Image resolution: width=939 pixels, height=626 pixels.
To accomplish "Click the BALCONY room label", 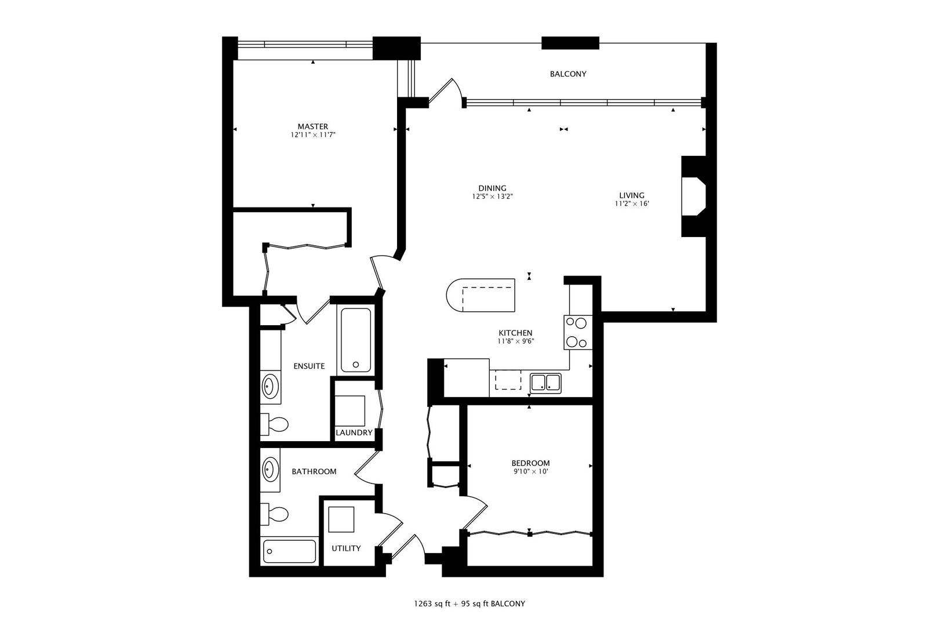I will click(567, 74).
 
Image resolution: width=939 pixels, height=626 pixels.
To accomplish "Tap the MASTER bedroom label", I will click(312, 126).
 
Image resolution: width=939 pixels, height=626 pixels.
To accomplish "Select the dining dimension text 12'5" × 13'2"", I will click(492, 196).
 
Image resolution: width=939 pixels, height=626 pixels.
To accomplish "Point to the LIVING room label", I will click(631, 195).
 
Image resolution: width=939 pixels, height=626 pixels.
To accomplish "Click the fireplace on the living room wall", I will click(693, 196).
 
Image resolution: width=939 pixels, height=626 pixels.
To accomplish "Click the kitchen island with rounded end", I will click(481, 295).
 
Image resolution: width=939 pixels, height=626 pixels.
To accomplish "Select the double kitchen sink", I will click(545, 383).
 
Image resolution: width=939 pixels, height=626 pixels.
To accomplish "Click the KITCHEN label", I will click(515, 333).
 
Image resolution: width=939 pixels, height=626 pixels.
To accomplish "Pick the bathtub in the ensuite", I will click(355, 340).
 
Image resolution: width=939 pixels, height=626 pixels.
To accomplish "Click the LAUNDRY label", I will click(354, 432).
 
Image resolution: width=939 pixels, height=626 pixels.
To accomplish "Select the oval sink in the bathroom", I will click(270, 468).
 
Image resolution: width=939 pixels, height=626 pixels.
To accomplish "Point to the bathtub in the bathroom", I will click(289, 551).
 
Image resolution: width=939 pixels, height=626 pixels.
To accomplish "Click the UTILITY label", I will click(346, 548).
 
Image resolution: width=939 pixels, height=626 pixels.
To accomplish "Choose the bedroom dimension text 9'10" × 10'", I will click(530, 472).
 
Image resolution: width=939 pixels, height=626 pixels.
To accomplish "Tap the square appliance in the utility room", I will click(341, 519).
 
